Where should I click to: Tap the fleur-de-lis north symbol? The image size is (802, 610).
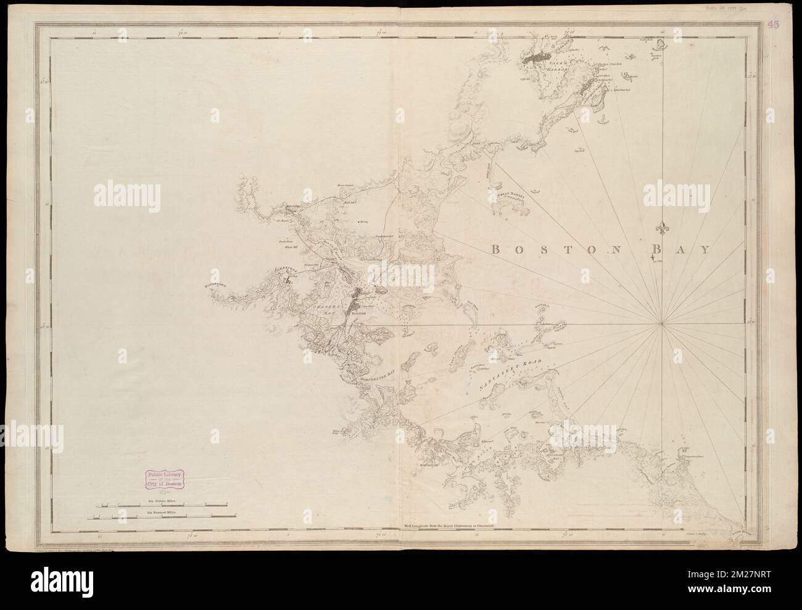(662, 229)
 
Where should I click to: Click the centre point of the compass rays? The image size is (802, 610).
(662, 322)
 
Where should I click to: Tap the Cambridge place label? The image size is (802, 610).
(283, 270)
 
